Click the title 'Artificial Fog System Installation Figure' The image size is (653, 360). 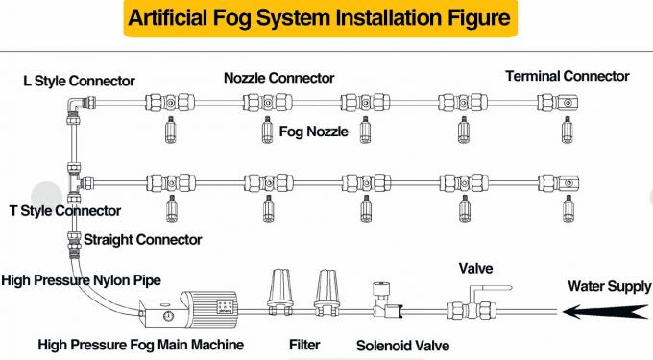tap(317, 18)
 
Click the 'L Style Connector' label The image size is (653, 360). tap(78, 81)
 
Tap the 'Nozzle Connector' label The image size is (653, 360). tap(279, 78)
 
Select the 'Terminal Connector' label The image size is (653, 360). tap(568, 76)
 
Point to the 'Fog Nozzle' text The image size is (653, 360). tap(314, 132)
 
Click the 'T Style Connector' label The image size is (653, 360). tap(64, 210)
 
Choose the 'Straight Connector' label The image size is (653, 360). tap(143, 239)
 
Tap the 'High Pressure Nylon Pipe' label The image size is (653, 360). tap(81, 280)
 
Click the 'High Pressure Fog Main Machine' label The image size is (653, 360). tap(140, 344)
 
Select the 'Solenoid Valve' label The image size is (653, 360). tap(402, 345)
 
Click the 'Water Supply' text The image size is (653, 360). tap(608, 285)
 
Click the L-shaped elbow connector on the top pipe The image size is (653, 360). tap(75, 108)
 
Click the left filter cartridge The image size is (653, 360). tap(280, 289)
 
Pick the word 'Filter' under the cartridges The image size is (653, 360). tap(304, 344)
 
